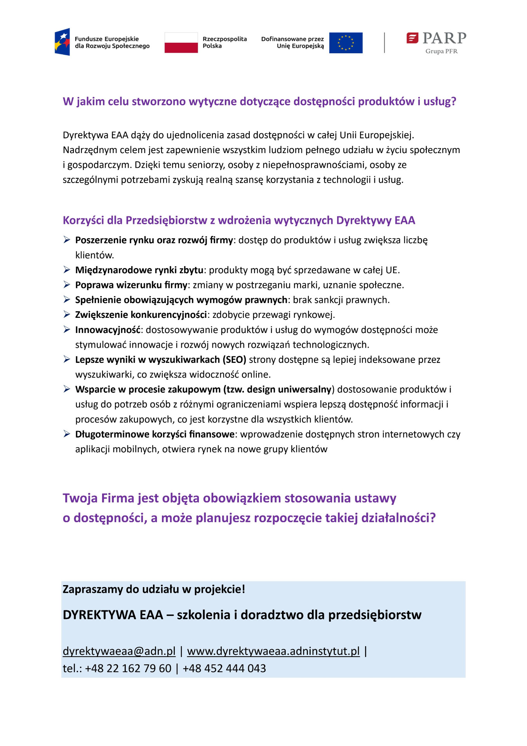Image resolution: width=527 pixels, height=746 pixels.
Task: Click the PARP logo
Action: click(x=436, y=38)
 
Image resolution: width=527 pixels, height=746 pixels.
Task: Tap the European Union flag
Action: click(x=346, y=43)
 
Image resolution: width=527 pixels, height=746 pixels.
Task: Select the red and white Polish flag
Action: click(x=181, y=43)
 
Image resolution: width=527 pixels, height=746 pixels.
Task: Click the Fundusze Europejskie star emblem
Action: click(x=63, y=42)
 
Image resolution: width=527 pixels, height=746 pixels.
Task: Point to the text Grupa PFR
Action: click(x=441, y=51)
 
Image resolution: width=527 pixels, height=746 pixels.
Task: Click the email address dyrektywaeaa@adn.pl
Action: click(x=119, y=651)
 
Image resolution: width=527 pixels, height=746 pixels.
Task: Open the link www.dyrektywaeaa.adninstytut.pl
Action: click(x=273, y=651)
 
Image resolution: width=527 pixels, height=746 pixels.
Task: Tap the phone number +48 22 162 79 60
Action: click(x=128, y=668)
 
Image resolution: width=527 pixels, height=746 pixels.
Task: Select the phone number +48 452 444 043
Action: click(x=224, y=668)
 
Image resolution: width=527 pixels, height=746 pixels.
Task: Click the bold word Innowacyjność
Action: click(x=108, y=330)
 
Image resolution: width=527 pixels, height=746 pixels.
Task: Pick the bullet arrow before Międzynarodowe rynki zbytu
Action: click(x=67, y=270)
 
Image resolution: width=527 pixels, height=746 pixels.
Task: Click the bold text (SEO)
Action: click(x=234, y=360)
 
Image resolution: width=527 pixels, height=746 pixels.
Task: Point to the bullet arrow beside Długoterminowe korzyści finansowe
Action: click(x=67, y=434)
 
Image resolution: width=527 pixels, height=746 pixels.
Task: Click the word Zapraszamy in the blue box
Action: click(x=87, y=589)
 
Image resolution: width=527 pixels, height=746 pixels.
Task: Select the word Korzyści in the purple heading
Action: click(x=83, y=220)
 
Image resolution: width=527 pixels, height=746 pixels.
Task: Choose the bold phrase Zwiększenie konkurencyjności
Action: click(x=141, y=315)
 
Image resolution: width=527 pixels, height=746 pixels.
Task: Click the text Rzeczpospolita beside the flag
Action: click(x=224, y=39)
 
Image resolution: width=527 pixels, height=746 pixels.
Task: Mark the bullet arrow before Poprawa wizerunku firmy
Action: click(x=67, y=285)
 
